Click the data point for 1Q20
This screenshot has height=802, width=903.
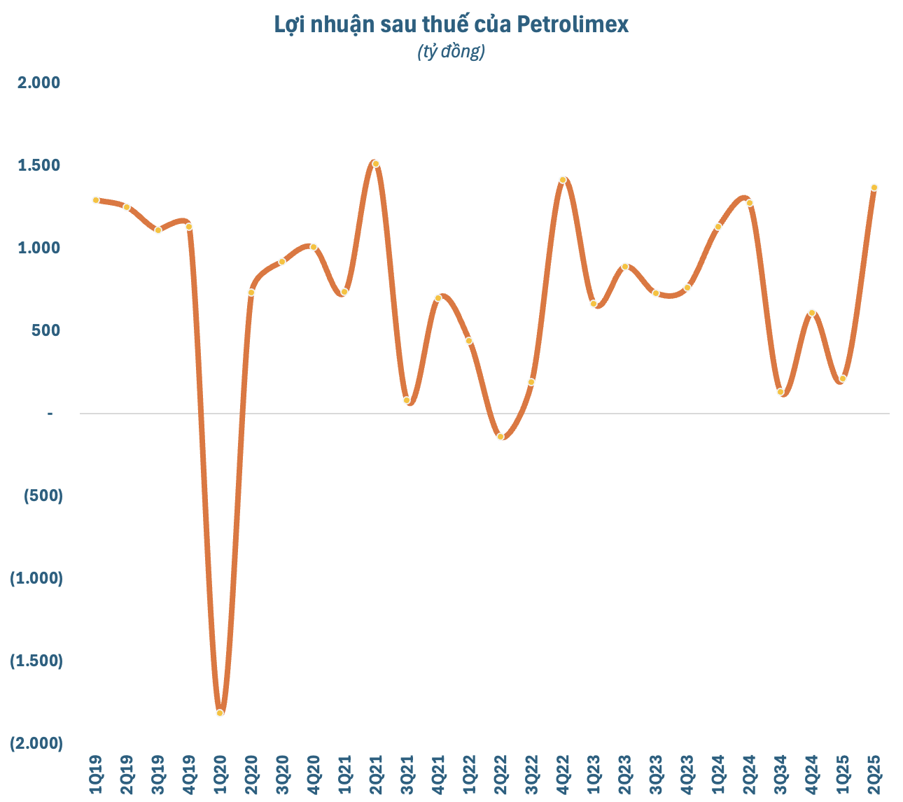[220, 712]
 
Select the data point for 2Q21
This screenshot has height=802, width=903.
[376, 164]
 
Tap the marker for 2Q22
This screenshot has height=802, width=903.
[500, 436]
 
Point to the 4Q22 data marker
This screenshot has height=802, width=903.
[563, 180]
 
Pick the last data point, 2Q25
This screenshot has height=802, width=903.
[874, 188]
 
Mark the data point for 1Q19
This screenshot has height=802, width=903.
[96, 200]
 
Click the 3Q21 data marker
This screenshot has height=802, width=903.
[407, 400]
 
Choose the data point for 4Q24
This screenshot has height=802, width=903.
[812, 313]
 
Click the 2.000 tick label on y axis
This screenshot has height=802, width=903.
[39, 83]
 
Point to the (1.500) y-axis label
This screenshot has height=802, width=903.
[36, 661]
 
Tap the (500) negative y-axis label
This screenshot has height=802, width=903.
[43, 495]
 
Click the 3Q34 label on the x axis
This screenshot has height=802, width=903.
[780, 775]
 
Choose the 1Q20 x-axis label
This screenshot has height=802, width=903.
[220, 775]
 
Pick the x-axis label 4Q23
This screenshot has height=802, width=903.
[687, 775]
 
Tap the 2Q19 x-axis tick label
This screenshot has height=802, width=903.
[127, 775]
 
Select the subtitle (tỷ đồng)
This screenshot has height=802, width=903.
[451, 51]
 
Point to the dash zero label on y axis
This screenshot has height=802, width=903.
[50, 414]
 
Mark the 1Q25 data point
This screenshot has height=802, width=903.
[843, 379]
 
